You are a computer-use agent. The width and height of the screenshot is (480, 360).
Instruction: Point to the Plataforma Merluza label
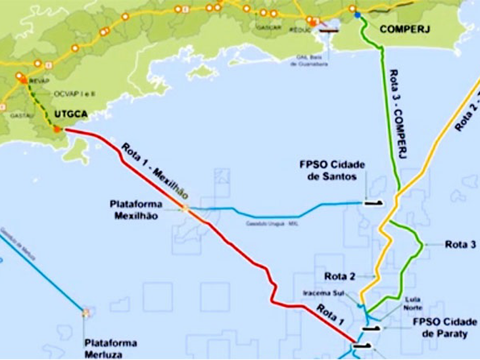point(110,348)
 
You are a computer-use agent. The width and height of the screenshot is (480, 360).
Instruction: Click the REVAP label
point(32,74)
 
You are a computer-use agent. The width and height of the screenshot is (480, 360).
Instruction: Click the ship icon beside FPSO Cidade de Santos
point(373,202)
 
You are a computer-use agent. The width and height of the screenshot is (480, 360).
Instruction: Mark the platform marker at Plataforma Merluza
point(84,313)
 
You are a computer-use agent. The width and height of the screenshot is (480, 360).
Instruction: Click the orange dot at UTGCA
point(57,130)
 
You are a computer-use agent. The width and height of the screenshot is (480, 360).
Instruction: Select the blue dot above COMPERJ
point(358,15)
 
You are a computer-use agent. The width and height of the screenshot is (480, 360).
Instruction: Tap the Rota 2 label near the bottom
point(340,275)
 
